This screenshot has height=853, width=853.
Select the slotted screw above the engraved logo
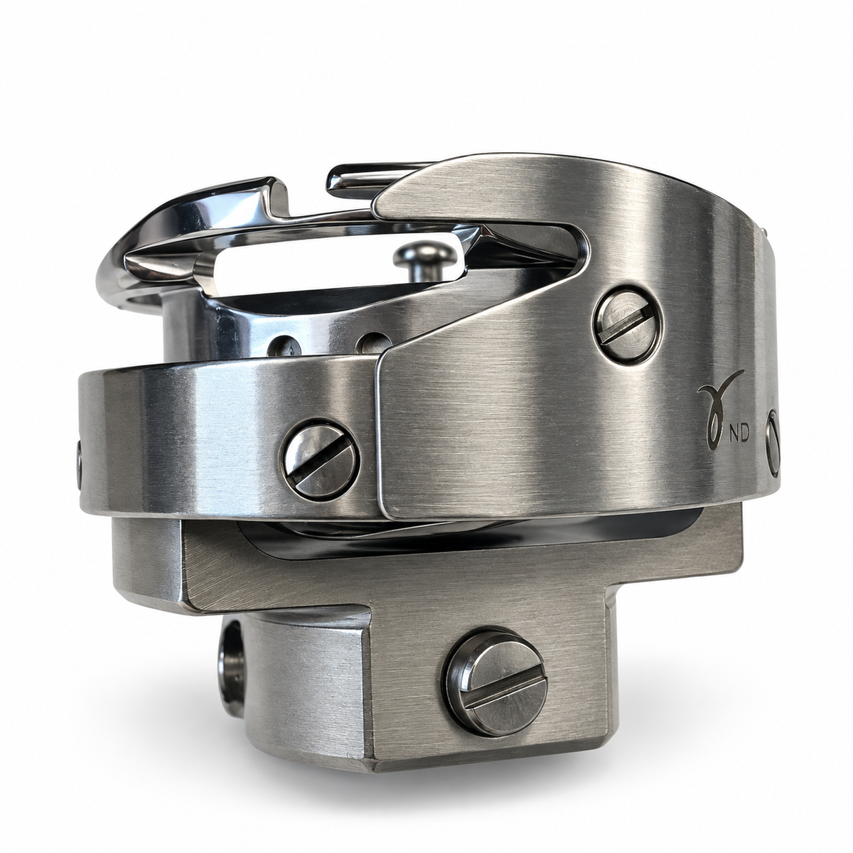(626, 326)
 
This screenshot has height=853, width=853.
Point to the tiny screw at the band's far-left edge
(79, 465)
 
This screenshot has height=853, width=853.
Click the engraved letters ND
(739, 435)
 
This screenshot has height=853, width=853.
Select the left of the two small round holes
(282, 345)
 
